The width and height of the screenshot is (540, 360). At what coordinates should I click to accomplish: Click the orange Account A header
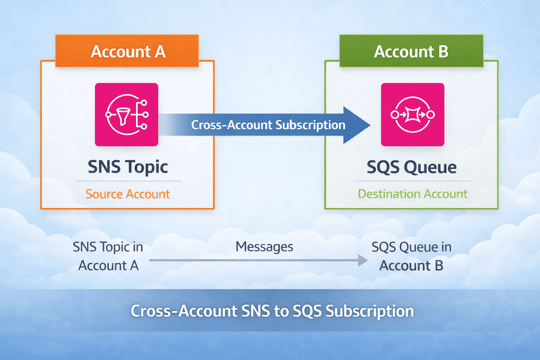[127, 51]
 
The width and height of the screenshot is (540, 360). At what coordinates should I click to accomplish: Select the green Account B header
[411, 51]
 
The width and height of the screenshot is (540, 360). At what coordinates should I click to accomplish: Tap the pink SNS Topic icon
[127, 115]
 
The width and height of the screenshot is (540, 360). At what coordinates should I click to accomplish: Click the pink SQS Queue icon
[413, 115]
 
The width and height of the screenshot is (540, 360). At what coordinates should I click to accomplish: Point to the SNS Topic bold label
[128, 167]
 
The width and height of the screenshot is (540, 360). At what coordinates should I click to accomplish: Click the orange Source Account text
[128, 194]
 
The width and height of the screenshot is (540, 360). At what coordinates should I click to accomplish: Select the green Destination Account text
[412, 194]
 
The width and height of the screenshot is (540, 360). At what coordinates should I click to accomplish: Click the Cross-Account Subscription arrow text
[268, 125]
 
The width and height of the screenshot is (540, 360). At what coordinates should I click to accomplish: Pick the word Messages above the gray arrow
[264, 247]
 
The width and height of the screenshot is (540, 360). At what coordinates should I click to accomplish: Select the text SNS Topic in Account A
[108, 256]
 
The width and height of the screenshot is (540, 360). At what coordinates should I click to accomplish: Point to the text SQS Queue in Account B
[411, 256]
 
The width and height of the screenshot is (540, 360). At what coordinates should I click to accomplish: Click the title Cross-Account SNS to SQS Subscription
[272, 311]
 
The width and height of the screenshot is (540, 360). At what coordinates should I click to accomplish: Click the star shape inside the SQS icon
[413, 115]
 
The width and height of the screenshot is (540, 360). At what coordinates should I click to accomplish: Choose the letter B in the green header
[443, 51]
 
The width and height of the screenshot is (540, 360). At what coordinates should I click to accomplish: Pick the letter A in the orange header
[160, 51]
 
